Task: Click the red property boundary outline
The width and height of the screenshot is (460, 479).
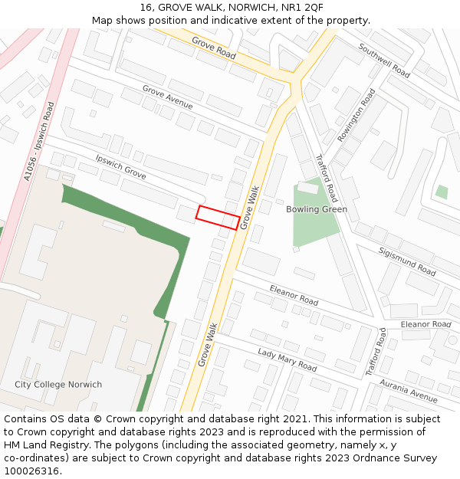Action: [217, 218]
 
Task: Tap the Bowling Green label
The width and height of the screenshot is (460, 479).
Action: [317, 209]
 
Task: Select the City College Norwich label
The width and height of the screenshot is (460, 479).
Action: [58, 385]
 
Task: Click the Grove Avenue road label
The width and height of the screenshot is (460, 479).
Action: [168, 98]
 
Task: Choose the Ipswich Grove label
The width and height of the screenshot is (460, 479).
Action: [120, 167]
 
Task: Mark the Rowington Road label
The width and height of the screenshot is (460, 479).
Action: [356, 115]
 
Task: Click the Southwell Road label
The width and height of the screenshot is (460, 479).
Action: [384, 60]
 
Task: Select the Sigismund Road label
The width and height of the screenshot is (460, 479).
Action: [407, 261]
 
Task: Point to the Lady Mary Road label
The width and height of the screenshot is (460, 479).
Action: [287, 359]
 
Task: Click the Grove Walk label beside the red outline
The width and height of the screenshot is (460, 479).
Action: [250, 208]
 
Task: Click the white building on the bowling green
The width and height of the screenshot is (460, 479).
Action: [307, 186]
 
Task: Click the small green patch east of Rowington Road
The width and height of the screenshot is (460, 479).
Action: [442, 192]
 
